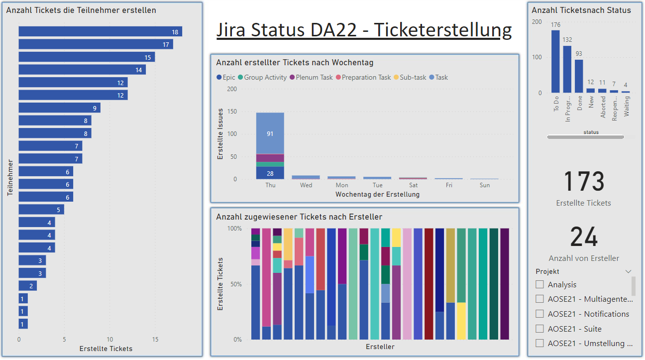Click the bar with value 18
(100, 32)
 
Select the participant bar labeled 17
(96, 44)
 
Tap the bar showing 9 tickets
(59, 108)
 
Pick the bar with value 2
(27, 286)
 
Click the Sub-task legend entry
(410, 77)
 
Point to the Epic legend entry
(226, 77)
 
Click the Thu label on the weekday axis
(270, 185)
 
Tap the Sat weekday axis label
(413, 185)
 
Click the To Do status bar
(555, 61)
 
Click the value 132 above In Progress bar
(567, 40)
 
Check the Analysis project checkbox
(539, 284)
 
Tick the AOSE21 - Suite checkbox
(539, 329)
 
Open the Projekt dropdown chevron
(629, 272)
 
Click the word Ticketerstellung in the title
(442, 30)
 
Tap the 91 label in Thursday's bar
(270, 133)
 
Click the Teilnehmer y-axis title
(9, 177)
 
